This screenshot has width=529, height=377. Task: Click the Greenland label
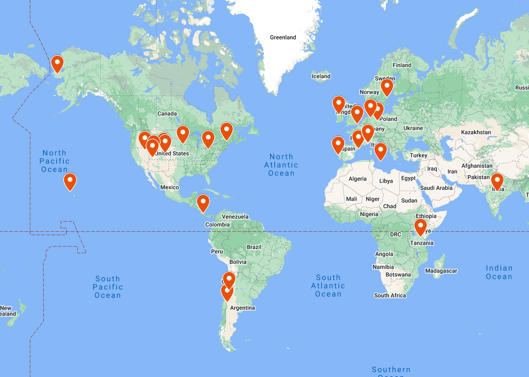click(283, 37)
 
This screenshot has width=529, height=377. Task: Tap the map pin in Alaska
click(57, 63)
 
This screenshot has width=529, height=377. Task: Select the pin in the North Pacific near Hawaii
click(70, 181)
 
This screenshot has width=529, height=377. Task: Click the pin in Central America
click(203, 203)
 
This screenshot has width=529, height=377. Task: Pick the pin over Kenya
click(421, 227)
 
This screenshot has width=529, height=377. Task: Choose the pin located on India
click(497, 181)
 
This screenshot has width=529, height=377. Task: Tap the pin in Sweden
click(387, 87)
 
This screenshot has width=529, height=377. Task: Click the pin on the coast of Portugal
click(338, 145)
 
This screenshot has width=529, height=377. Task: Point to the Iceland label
click(321, 76)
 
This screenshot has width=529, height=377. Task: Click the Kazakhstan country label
click(476, 132)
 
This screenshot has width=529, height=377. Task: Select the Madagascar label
click(441, 271)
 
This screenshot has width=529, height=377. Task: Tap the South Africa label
click(390, 295)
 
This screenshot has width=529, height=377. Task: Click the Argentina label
click(242, 308)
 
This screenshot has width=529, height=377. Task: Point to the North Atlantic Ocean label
click(281, 165)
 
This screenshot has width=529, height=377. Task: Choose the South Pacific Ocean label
click(108, 287)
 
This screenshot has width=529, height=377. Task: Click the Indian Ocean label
click(499, 272)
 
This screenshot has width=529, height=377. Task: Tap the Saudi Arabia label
click(436, 188)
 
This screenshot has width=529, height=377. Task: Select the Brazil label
click(254, 247)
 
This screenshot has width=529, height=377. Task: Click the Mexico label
click(170, 187)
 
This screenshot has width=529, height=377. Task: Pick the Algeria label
click(358, 179)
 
